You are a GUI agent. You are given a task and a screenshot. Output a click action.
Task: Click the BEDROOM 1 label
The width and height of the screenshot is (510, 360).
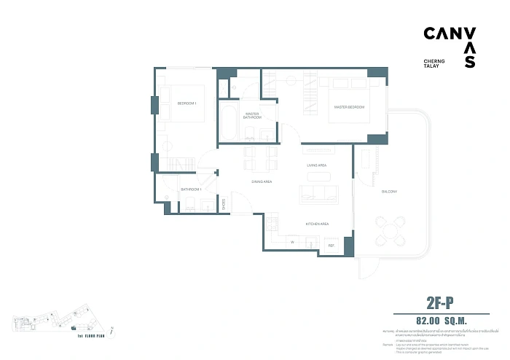click(x=187, y=103)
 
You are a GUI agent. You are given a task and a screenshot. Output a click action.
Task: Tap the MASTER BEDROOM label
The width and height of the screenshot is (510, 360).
click(x=348, y=107)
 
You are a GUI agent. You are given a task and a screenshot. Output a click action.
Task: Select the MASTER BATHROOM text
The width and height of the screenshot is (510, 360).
click(x=252, y=116)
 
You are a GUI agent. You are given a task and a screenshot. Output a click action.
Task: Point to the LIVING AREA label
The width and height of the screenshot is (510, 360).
click(x=315, y=165)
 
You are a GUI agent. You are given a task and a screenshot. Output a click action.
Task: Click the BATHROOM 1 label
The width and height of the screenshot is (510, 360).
click(x=191, y=190)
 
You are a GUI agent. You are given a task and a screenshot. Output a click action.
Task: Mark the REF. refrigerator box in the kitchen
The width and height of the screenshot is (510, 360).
click(x=331, y=245)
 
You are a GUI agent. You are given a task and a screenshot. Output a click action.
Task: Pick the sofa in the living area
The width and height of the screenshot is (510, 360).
click(x=318, y=194)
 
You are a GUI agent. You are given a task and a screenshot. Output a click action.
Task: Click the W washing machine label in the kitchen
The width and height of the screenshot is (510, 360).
click(x=292, y=242)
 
